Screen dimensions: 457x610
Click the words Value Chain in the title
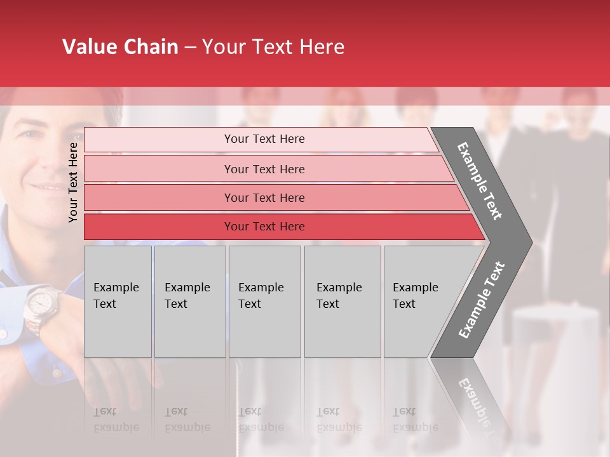(120, 47)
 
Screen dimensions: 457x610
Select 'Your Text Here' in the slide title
(273, 47)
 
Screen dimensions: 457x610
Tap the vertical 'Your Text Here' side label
(73, 182)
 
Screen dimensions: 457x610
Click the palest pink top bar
(264, 139)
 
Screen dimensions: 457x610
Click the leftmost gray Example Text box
(118, 301)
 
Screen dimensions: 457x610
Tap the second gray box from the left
(189, 301)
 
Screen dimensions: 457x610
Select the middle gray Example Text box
(264, 301)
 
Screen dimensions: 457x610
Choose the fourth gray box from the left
(342, 301)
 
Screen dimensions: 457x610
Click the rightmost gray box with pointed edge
(423, 301)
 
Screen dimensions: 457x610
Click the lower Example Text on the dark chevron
(482, 300)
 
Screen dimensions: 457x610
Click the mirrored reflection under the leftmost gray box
(118, 406)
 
